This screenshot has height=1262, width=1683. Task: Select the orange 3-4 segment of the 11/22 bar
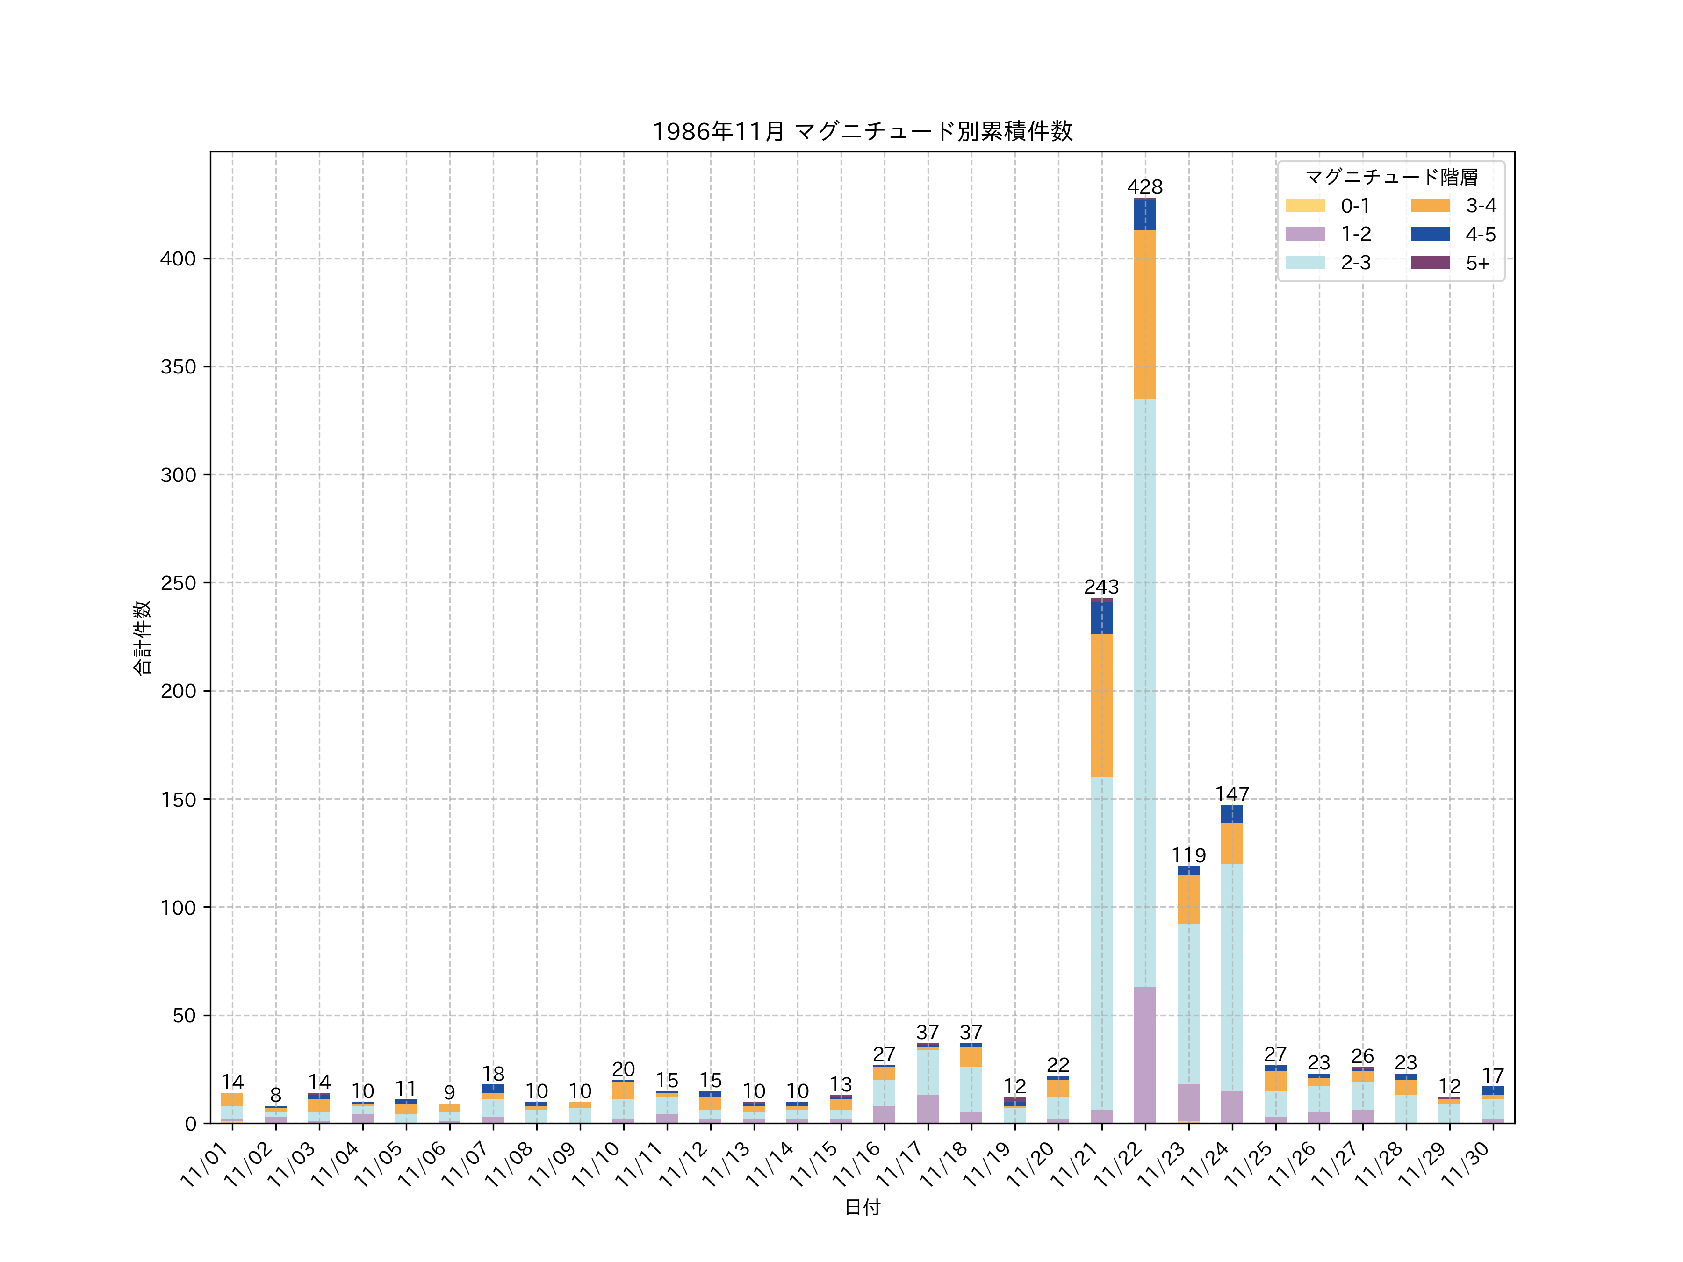coord(1144,314)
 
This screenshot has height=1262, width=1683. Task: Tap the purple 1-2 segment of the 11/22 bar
coord(1144,1055)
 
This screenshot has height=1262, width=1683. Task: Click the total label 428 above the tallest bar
coord(1144,187)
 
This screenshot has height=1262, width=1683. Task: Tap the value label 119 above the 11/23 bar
coord(1188,855)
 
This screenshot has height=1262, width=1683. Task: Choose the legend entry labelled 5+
coord(1478,263)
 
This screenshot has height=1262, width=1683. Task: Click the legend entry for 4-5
coord(1480,234)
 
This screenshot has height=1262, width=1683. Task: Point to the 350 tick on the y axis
coord(178,366)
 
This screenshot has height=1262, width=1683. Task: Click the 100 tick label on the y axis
coord(178,908)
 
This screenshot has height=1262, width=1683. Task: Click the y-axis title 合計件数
coord(142,638)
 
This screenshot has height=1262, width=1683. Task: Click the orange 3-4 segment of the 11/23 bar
coord(1188,899)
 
